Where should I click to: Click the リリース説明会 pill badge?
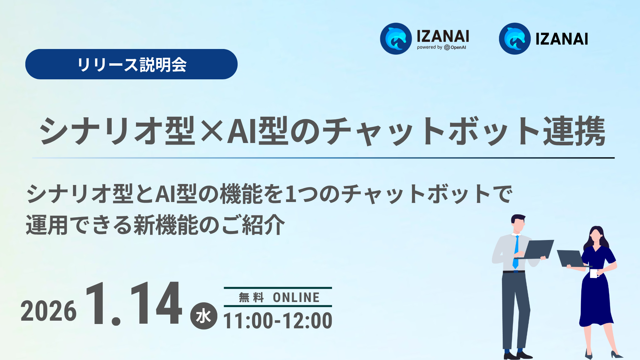tap(131, 64)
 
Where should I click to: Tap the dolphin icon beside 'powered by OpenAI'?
tap(396, 39)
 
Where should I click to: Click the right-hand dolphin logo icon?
tap(515, 39)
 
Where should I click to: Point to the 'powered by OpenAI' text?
tap(441, 47)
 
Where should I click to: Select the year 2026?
tap(49, 311)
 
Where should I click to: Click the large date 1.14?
tap(133, 303)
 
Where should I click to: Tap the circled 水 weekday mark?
tap(203, 316)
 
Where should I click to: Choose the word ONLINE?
tap(296, 297)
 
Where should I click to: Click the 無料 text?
tap(251, 297)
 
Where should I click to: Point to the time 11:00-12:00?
tap(278, 321)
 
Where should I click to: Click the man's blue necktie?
tap(516, 252)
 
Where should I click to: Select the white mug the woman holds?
tap(594, 273)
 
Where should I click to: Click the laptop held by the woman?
tap(570, 258)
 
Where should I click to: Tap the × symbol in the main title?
tap(211, 131)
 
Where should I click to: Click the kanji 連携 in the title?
tap(574, 131)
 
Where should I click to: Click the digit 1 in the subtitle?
tap(291, 194)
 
